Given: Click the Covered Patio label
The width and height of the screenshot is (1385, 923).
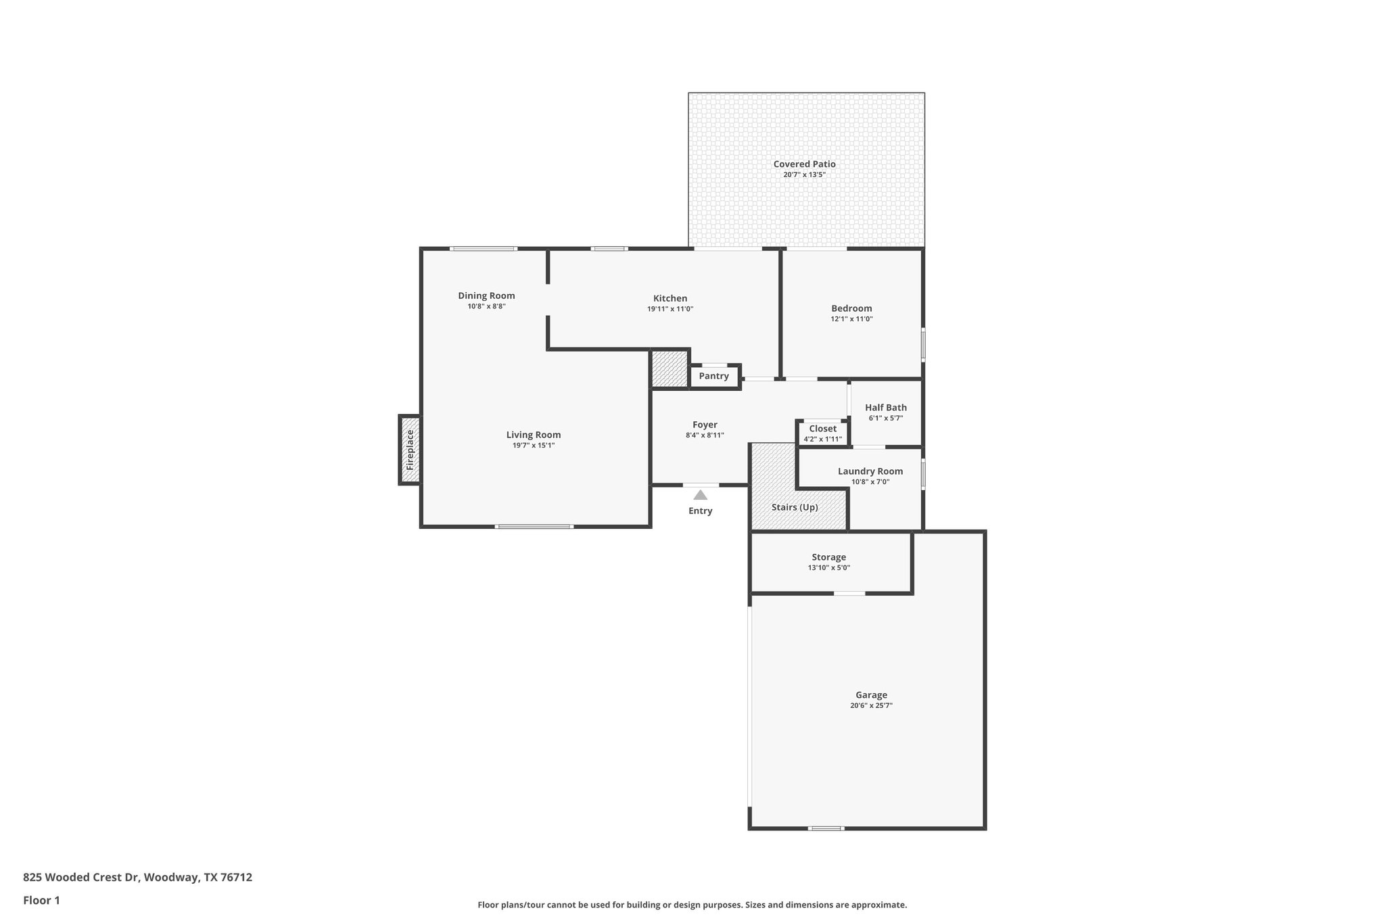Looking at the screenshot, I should [804, 164].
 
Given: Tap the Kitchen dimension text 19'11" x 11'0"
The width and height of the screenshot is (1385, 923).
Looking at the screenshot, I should [670, 309].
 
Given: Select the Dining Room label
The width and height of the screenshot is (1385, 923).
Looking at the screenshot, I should [486, 295].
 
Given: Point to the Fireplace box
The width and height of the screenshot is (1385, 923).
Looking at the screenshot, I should [410, 450].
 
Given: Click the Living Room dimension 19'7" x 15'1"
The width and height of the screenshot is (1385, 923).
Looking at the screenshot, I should [534, 446].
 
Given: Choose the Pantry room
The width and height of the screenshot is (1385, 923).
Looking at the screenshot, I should [713, 376].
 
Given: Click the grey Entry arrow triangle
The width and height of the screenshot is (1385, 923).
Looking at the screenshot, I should [701, 495].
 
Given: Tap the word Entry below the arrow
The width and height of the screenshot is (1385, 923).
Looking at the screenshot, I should [701, 511].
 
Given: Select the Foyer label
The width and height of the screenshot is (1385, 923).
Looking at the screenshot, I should [705, 425].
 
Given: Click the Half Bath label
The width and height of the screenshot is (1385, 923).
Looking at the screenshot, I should [886, 407].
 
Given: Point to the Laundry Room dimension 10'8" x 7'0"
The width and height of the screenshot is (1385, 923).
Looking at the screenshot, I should [870, 482].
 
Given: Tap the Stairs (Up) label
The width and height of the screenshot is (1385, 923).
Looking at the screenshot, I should [795, 507].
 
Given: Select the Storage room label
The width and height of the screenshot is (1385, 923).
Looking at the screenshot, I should [828, 557].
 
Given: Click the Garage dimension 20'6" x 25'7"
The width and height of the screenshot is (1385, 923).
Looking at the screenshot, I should [871, 705].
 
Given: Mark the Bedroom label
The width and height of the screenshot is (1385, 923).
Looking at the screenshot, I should [851, 308].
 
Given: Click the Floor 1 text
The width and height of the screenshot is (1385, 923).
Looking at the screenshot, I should [42, 900].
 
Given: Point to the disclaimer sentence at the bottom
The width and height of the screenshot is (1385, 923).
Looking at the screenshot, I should [692, 905].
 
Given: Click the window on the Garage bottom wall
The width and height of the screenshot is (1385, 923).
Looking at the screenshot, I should [826, 828].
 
